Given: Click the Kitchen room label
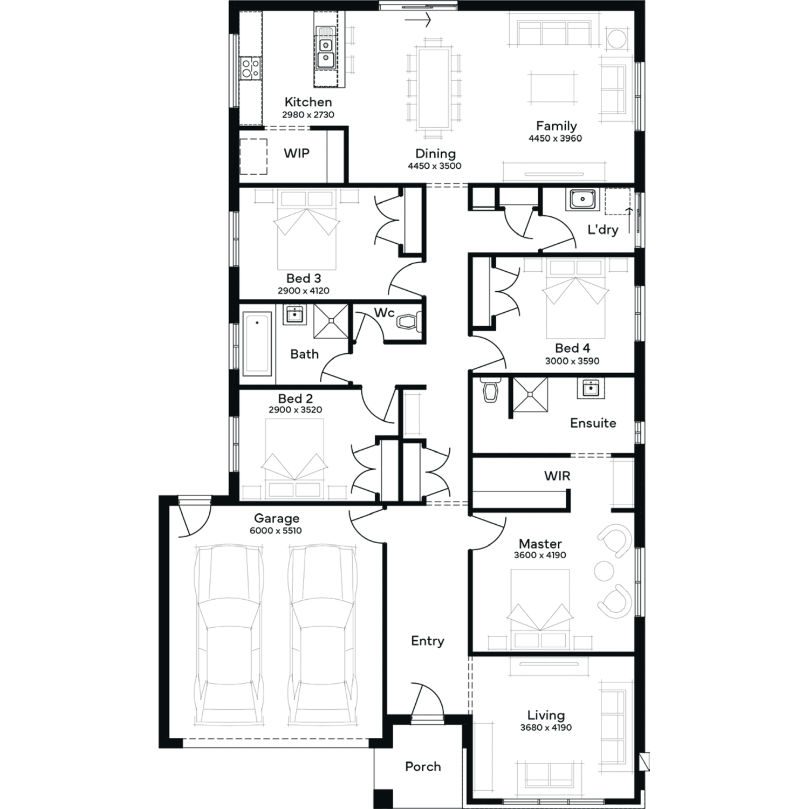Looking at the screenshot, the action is point(308,102).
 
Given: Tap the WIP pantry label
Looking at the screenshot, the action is point(297,153).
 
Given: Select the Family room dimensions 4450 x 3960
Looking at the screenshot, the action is point(555,138).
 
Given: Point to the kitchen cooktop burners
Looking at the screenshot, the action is point(250,68).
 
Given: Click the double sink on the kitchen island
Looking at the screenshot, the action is point(325,52).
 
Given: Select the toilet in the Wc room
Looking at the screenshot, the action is point(408,323).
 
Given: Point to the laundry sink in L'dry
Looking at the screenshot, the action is point(582,199).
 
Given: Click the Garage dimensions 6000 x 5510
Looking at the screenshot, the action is point(276,531).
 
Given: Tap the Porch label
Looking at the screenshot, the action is point(423,766).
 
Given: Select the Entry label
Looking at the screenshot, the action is point(428,641).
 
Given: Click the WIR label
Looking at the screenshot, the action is point(557,476).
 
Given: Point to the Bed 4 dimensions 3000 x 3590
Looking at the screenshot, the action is point(572,361).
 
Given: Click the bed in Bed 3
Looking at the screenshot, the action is point(307,229).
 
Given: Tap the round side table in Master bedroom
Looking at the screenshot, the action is point(604,571).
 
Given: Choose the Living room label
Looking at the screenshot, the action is point(546,715).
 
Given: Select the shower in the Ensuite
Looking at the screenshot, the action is point(530,394).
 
